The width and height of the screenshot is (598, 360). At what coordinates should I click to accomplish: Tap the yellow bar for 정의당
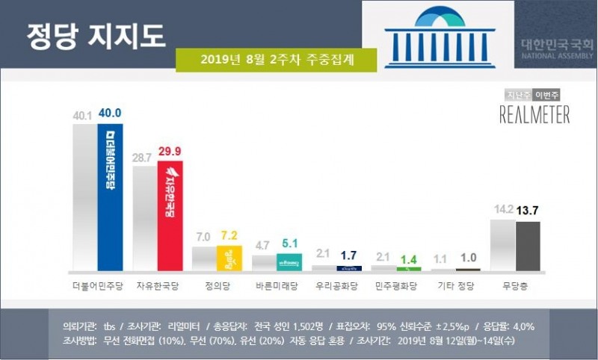tap(229, 258)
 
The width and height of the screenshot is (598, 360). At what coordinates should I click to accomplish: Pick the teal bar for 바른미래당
tap(289, 261)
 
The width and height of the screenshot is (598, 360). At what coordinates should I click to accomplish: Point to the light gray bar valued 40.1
tap(84, 197)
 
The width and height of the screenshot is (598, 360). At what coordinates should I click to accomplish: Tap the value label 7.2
tap(229, 237)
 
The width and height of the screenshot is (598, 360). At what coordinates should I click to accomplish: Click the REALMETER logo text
tap(534, 114)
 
